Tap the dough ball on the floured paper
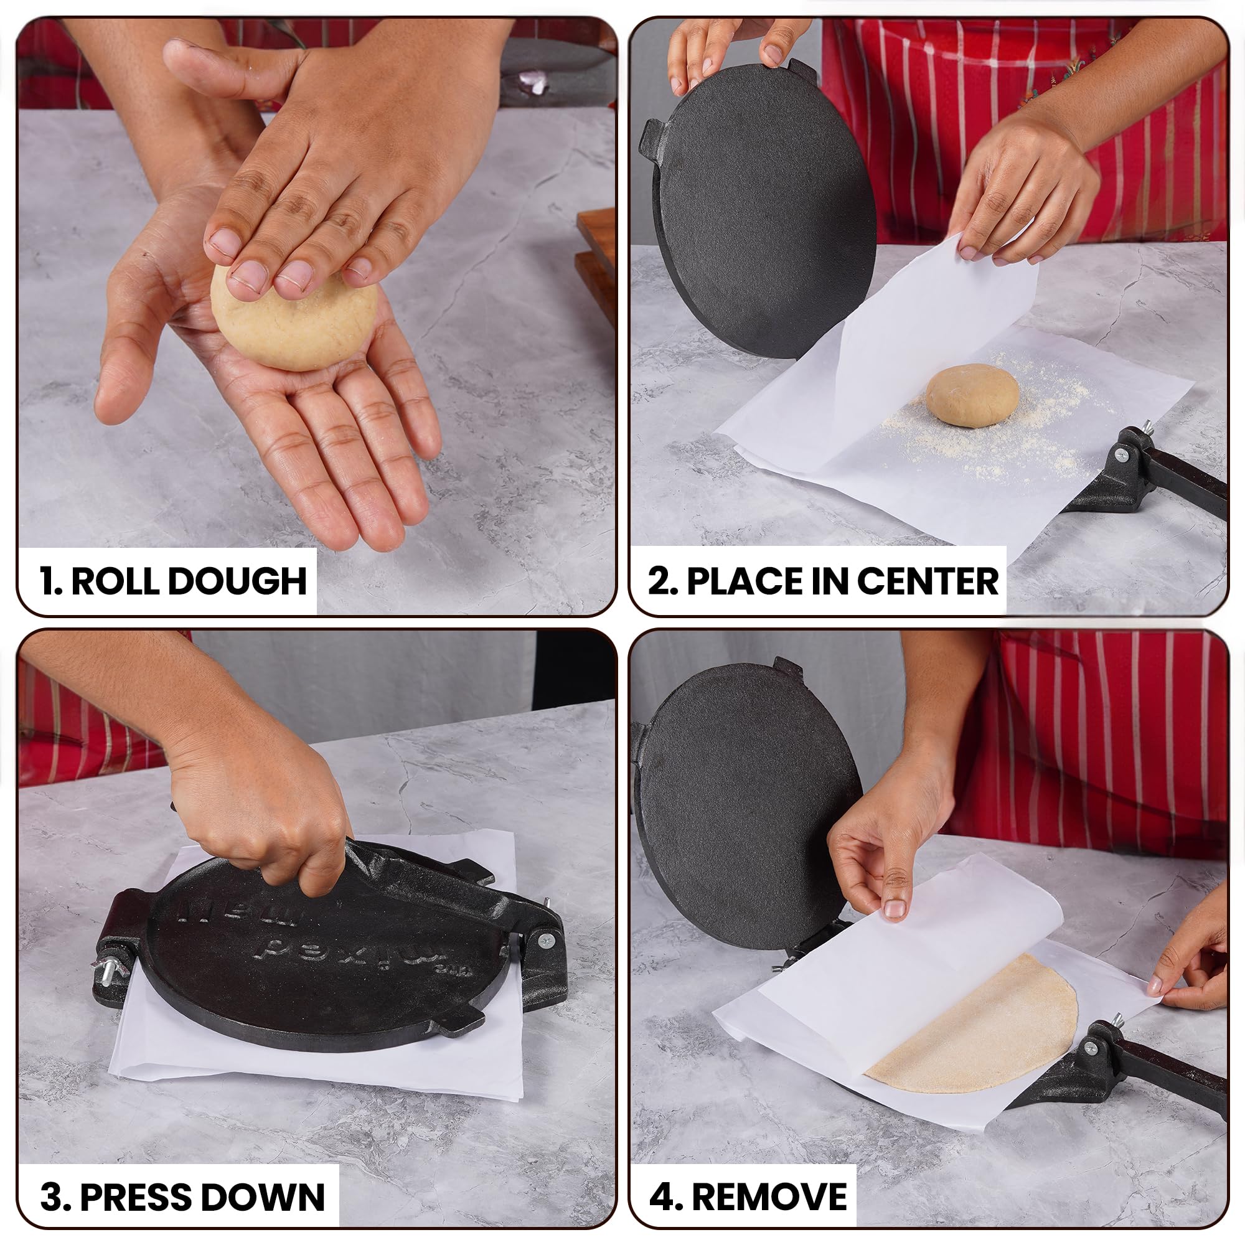pyautogui.click(x=972, y=394)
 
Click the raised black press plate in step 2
pyautogui.click(x=761, y=213)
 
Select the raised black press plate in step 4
pyautogui.click(x=748, y=819)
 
